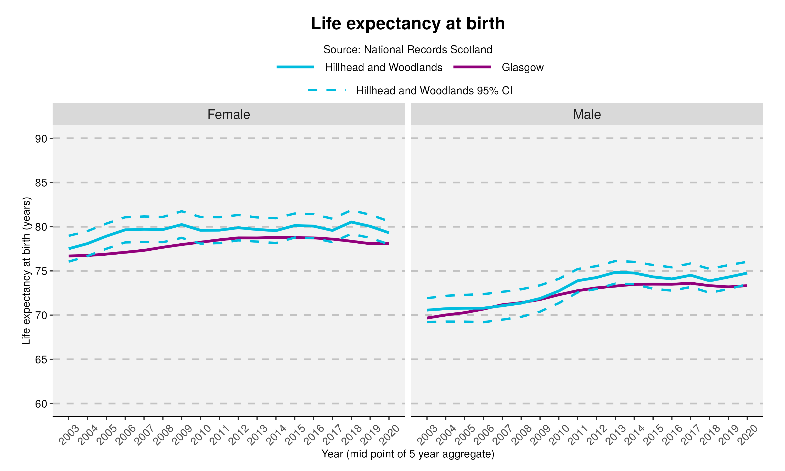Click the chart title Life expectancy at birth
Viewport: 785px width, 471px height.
pyautogui.click(x=408, y=24)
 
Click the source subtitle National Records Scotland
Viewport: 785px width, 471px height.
pyautogui.click(x=408, y=49)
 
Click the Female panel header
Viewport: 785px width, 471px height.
pyautogui.click(x=228, y=114)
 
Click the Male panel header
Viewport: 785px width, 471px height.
pyautogui.click(x=587, y=114)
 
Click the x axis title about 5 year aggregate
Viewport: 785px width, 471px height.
pyautogui.click(x=408, y=454)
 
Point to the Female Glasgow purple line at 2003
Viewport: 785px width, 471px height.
pyautogui.click(x=69, y=256)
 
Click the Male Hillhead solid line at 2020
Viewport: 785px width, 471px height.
pyautogui.click(x=747, y=273)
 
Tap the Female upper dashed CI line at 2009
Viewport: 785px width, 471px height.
pyautogui.click(x=182, y=211)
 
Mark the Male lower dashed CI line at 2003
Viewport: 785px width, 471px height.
pyautogui.click(x=427, y=322)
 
